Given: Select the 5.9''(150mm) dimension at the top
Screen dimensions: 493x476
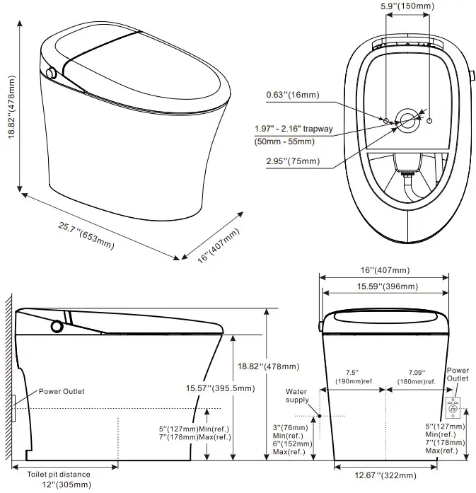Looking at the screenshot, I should coord(407,6).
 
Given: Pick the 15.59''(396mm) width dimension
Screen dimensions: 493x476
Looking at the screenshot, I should coord(385,286).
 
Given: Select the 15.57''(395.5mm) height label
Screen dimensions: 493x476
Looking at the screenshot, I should coord(216,388).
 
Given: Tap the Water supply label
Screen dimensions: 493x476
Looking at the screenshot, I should coord(297,395).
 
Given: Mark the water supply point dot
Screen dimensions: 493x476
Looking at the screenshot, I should coord(320,416).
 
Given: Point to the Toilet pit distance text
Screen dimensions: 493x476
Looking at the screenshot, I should coord(60,474).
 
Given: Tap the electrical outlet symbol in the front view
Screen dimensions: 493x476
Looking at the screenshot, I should coord(453,407).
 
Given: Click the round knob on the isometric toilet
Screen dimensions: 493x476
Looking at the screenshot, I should coord(51,73).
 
